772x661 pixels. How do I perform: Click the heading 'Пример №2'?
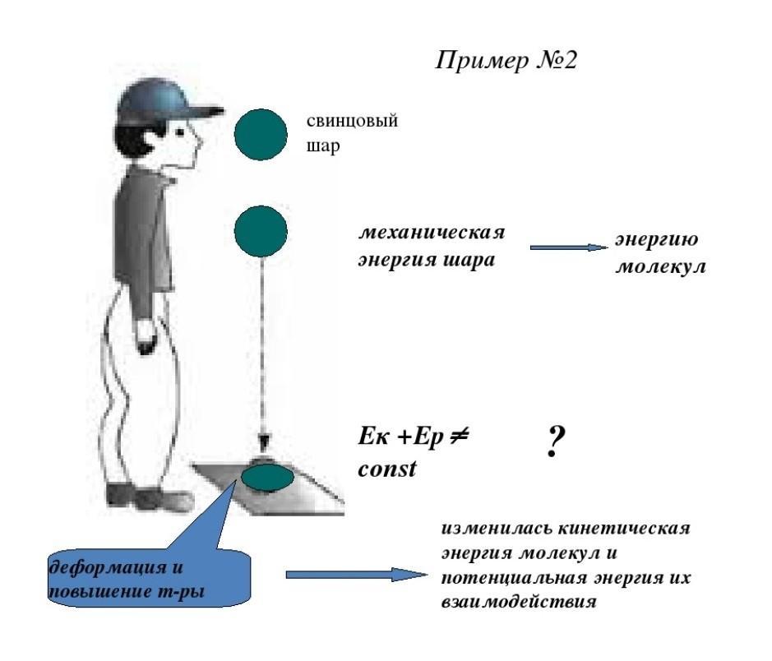tap(506, 62)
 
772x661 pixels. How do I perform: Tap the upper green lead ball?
tap(261, 135)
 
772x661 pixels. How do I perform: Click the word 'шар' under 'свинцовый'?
tap(323, 149)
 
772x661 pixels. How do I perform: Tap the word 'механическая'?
tap(431, 232)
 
